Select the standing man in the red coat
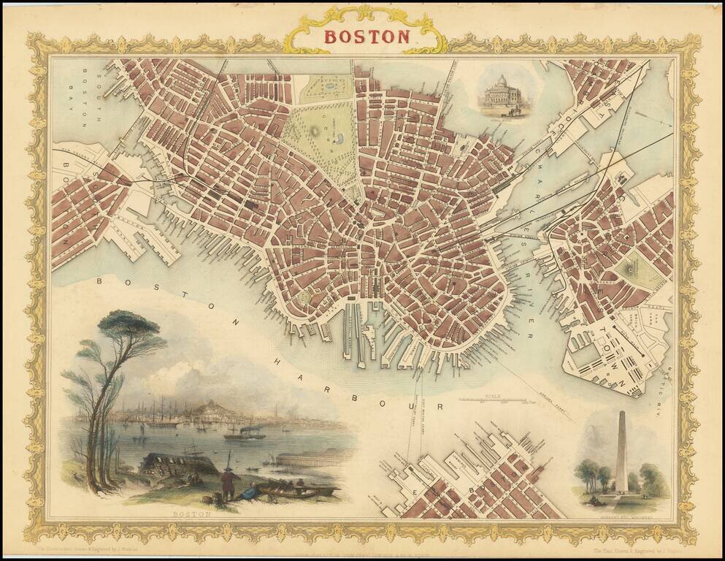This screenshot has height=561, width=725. point(227,482)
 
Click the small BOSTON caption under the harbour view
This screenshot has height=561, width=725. point(191,514)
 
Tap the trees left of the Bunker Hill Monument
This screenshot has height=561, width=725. point(593,477)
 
